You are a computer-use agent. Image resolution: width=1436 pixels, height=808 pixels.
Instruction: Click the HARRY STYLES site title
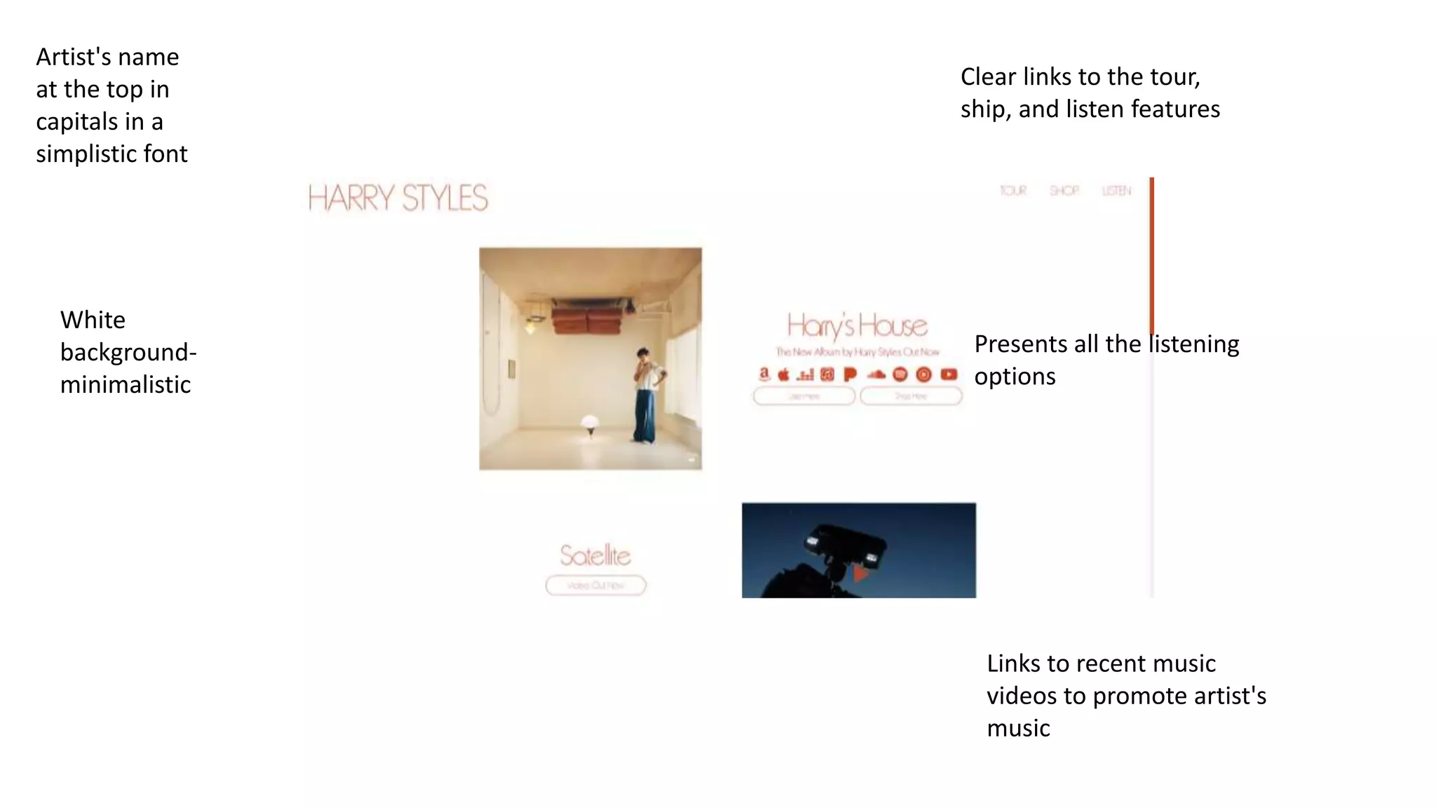398,198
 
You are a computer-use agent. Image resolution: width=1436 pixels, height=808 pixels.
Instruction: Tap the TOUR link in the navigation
1012,191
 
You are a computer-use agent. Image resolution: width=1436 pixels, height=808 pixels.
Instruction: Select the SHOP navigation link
1064,191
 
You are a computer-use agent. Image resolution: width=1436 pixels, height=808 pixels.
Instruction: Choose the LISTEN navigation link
1116,191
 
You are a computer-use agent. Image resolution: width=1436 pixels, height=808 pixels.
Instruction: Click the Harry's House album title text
857,326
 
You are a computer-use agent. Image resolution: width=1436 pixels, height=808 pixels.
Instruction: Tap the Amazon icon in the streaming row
764,375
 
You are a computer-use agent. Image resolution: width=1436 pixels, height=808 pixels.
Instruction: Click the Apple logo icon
784,375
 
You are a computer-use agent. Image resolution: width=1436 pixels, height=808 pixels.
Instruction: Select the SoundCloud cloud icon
876,375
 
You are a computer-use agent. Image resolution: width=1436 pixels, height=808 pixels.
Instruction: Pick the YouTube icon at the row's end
949,375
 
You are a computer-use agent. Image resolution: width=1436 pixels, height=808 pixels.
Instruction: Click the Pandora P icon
851,375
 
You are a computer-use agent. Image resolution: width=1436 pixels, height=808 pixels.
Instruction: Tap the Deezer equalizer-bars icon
806,375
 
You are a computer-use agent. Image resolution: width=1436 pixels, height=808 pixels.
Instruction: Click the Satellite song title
595,555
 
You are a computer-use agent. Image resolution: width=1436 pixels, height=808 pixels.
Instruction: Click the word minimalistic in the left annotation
126,384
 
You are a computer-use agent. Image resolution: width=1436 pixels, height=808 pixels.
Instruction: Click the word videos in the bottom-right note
1022,696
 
